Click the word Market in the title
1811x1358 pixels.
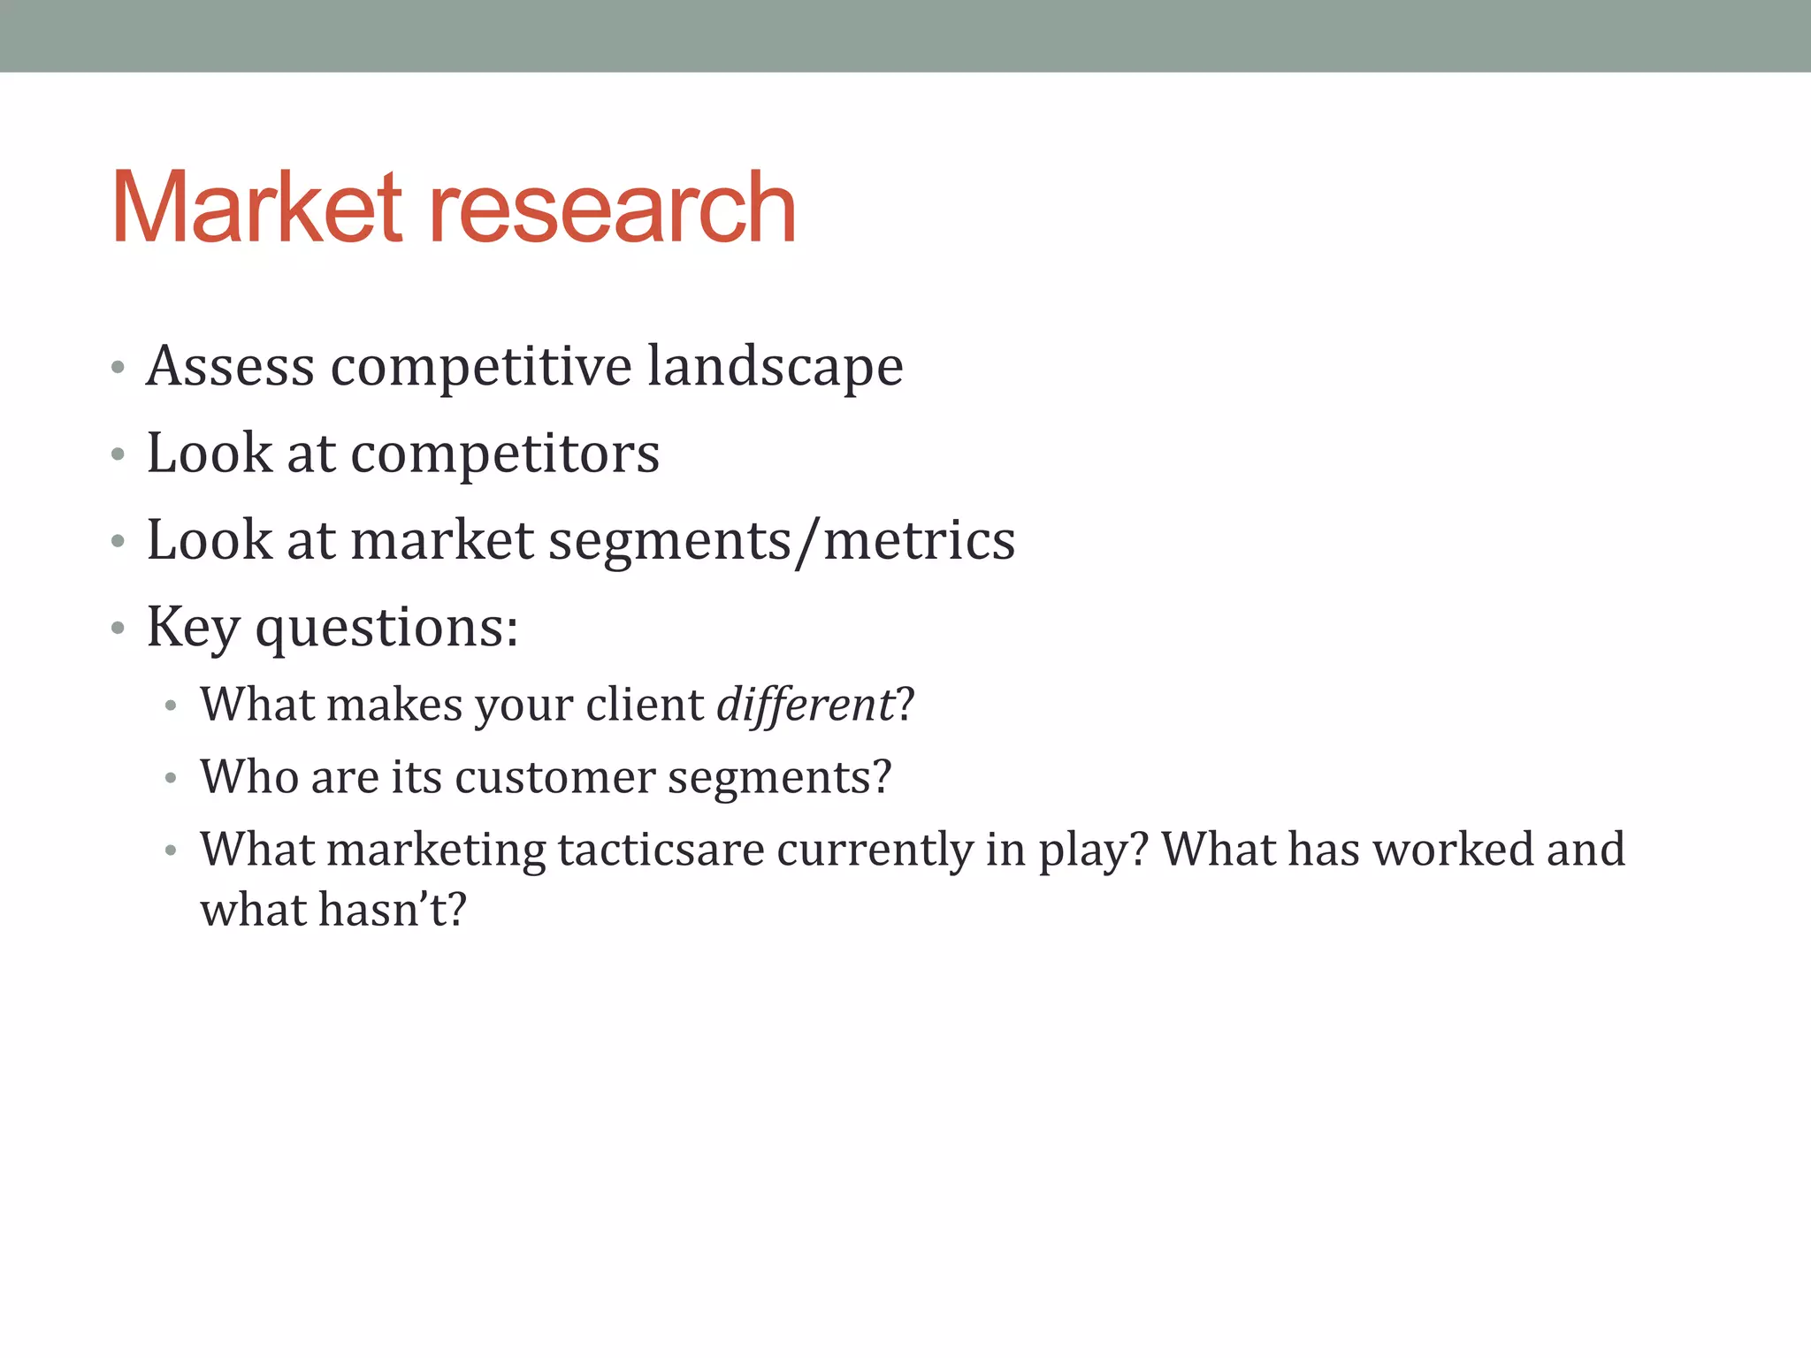click(257, 209)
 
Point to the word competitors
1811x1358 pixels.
click(505, 454)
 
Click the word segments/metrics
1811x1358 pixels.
click(782, 541)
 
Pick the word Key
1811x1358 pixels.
click(193, 628)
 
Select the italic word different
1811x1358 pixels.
click(806, 705)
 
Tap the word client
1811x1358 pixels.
click(645, 705)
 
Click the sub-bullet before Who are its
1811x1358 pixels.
click(171, 779)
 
